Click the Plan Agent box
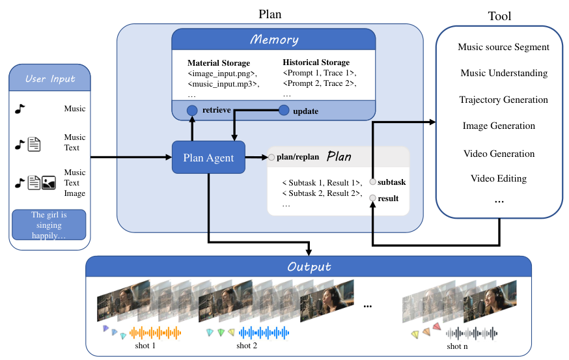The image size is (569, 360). click(208, 157)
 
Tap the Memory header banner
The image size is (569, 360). click(274, 40)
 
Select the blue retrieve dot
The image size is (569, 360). click(192, 111)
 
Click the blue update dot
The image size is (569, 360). click(284, 111)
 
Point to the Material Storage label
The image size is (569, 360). click(218, 63)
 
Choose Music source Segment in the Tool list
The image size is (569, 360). click(503, 47)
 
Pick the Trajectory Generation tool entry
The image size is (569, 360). click(503, 100)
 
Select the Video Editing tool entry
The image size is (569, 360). click(499, 178)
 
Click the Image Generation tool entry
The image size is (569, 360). click(499, 126)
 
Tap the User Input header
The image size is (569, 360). click(50, 79)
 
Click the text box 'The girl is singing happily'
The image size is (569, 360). click(49, 225)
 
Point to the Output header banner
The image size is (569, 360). click(309, 267)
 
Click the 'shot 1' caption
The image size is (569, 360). click(145, 346)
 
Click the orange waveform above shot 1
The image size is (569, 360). click(155, 333)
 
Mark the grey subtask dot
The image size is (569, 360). click(373, 182)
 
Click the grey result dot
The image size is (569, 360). click(373, 198)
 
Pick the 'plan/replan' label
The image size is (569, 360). click(298, 157)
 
